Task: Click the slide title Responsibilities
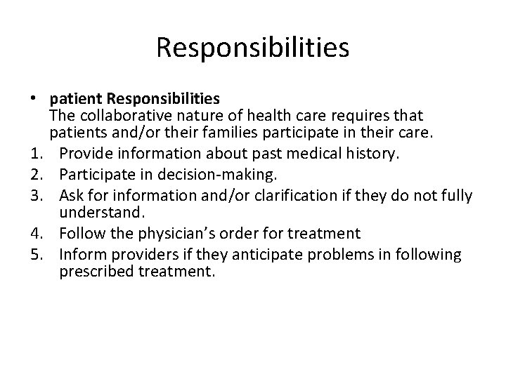click(252, 48)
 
